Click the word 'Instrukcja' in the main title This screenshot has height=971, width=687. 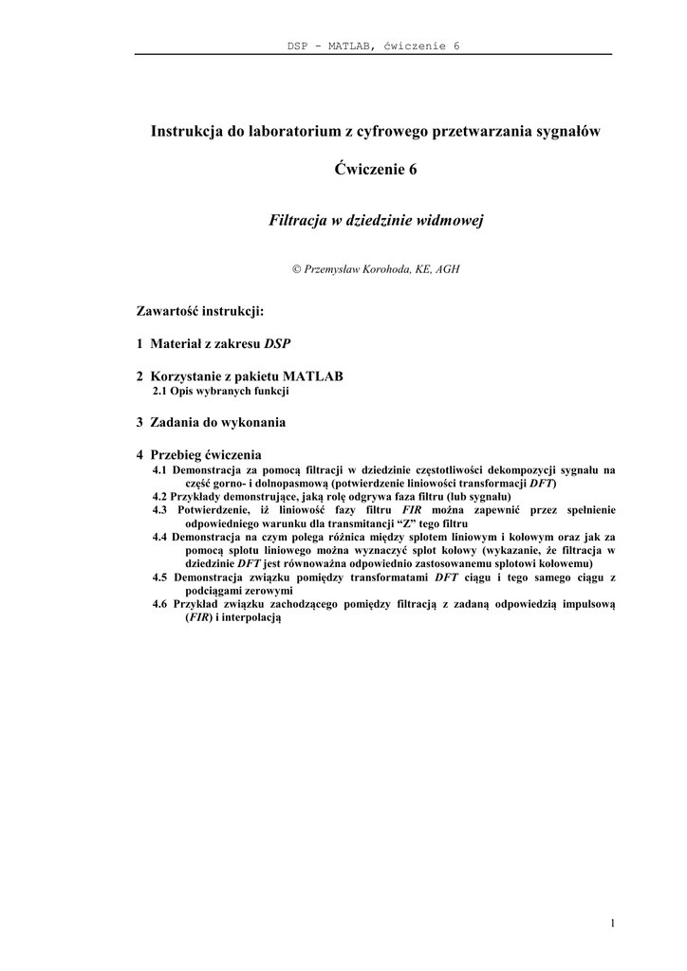[x=185, y=132]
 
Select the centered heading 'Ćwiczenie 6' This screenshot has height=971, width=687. [x=376, y=170]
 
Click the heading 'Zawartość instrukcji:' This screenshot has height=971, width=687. [x=199, y=310]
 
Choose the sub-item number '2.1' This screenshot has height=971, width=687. [x=162, y=390]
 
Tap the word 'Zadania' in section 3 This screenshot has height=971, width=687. [x=177, y=421]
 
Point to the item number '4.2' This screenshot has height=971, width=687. [x=160, y=496]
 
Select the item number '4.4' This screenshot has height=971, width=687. [x=160, y=536]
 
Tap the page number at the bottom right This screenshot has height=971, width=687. [x=614, y=923]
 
